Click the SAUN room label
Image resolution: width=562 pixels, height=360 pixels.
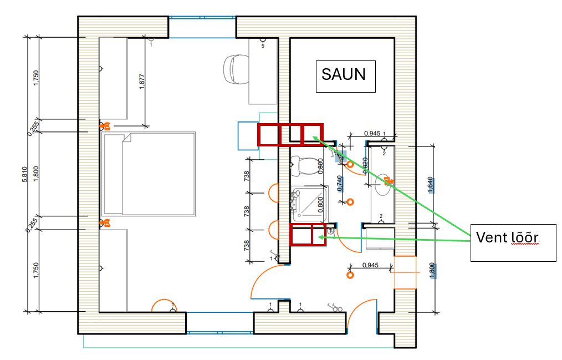pos(344,74)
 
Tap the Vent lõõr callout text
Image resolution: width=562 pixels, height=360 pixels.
pos(507,237)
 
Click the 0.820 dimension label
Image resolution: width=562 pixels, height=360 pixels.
pos(365,165)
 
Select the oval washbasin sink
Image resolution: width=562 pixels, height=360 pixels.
pos(382,184)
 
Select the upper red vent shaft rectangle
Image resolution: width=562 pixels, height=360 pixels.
pos(290,135)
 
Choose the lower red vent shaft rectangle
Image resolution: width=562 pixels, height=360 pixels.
pos(308,234)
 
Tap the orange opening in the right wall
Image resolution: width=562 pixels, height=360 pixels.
pos(405,272)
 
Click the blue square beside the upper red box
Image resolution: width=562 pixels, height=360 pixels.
pos(248,136)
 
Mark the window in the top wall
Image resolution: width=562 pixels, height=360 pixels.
pos(202,18)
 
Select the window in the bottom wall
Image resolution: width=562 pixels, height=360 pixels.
pos(219,332)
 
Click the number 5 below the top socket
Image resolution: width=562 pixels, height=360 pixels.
pos(263,46)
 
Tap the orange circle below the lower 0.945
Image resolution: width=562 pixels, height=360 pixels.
pos(350,275)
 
